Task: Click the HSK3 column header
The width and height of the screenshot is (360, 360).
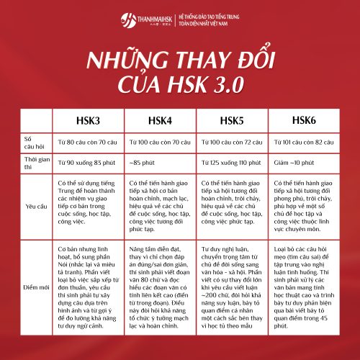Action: (89, 120)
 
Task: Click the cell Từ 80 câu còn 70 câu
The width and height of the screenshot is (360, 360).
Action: (89, 141)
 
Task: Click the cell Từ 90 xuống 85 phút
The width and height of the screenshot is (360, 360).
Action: (89, 161)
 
